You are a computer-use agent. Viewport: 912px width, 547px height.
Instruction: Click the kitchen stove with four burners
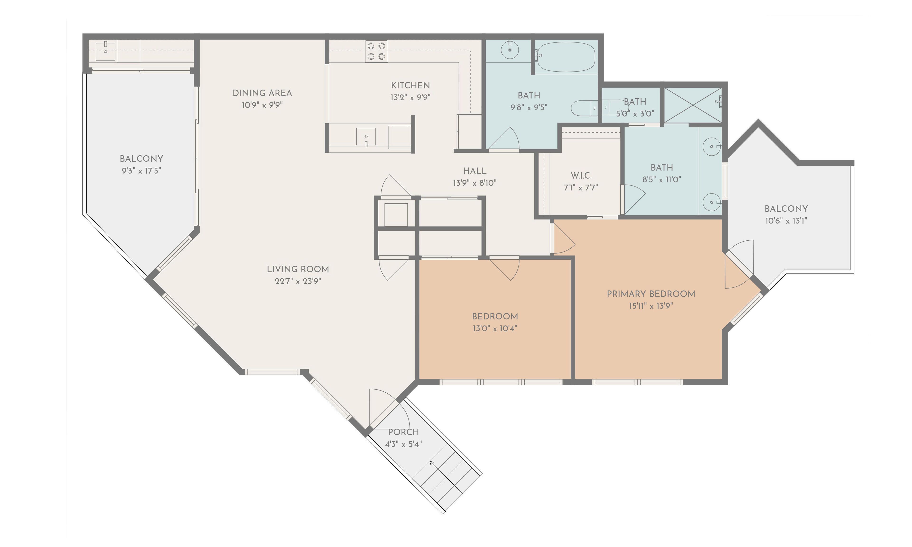click(x=376, y=51)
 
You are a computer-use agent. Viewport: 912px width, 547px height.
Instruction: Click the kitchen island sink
click(x=366, y=137)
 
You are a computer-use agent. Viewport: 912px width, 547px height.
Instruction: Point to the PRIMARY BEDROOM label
click(x=651, y=294)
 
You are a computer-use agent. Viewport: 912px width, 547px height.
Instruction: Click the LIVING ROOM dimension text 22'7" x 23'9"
click(x=298, y=281)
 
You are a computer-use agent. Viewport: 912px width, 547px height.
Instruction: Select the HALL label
click(x=475, y=171)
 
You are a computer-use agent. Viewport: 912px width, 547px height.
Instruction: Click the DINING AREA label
click(x=262, y=93)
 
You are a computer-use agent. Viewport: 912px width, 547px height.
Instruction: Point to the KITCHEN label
click(x=410, y=85)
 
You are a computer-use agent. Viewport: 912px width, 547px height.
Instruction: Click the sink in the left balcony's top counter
click(x=105, y=51)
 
